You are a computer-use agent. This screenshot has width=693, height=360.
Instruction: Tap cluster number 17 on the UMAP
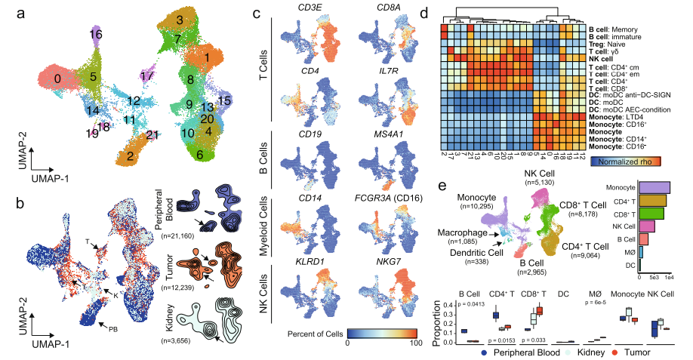tap(149, 76)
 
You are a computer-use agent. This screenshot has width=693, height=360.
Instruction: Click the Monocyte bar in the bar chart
tap(654, 186)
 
